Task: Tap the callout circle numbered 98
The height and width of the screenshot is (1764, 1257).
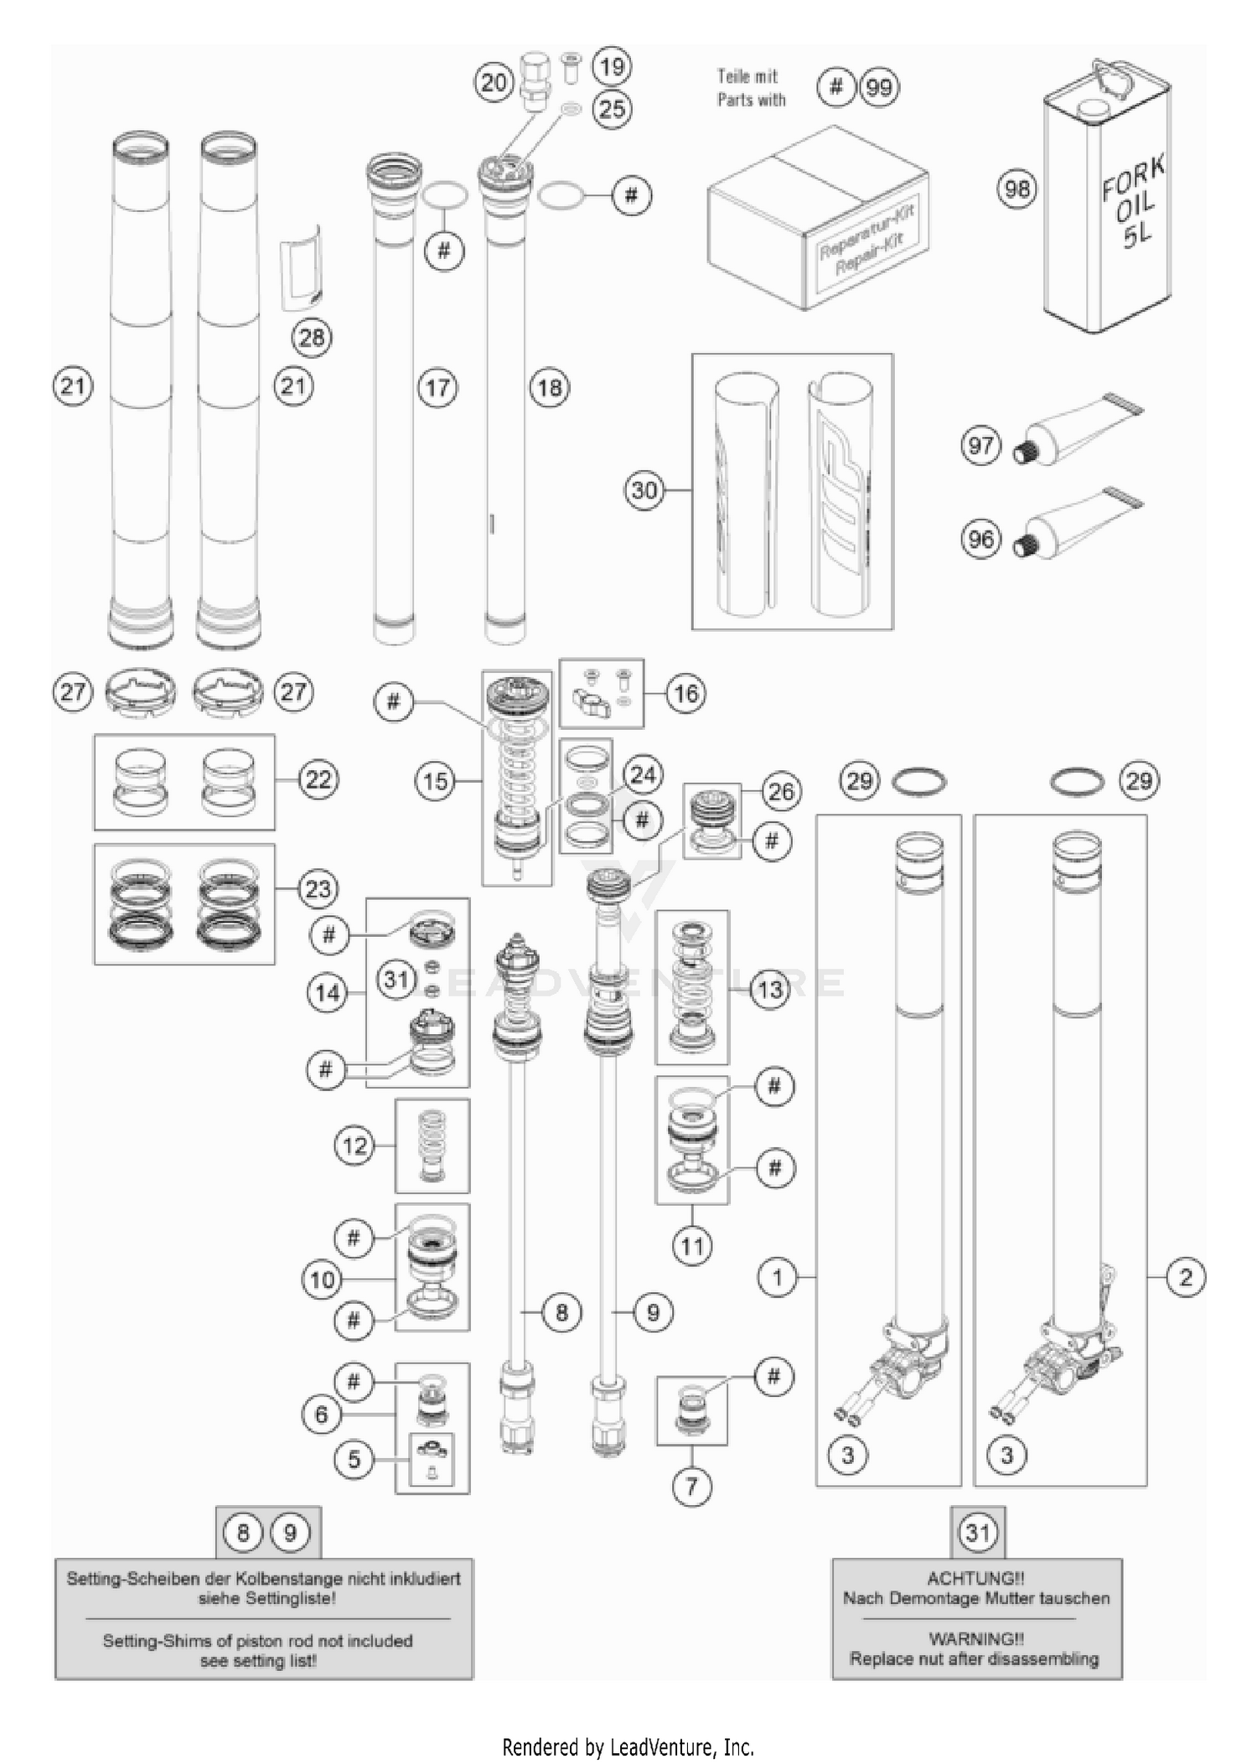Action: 1016,189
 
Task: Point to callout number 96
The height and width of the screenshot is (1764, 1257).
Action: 980,539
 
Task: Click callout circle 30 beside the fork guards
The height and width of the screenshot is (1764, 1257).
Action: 644,490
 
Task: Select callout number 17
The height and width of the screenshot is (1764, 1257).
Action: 438,387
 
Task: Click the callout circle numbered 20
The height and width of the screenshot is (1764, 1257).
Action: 494,82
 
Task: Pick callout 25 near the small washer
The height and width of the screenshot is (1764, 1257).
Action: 612,108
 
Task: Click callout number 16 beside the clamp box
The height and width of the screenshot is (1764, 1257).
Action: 685,693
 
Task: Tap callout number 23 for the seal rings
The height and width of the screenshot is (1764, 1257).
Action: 318,888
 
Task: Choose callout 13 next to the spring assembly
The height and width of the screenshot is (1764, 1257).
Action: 769,989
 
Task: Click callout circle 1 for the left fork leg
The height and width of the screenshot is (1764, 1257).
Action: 777,1277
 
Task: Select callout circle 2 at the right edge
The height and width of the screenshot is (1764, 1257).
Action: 1185,1277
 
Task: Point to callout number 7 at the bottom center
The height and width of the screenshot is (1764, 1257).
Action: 691,1487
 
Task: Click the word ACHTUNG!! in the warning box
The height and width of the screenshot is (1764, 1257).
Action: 975,1579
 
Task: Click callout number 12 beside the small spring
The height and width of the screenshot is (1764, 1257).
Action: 354,1145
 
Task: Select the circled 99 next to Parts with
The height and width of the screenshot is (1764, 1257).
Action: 879,87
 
